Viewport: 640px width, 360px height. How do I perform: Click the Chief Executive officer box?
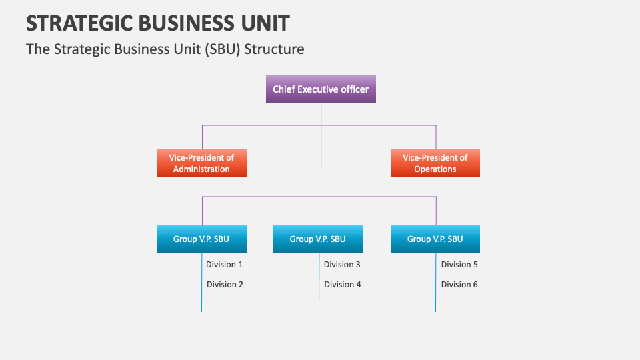click(x=321, y=89)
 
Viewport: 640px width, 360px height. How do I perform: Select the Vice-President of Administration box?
click(x=201, y=163)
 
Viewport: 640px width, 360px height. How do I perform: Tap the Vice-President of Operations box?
click(x=435, y=163)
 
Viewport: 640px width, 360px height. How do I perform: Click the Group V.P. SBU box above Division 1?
click(x=201, y=239)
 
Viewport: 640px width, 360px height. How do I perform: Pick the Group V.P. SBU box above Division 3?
click(x=317, y=239)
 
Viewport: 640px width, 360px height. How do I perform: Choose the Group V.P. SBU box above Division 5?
click(x=435, y=239)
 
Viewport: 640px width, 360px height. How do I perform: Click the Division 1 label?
click(x=225, y=265)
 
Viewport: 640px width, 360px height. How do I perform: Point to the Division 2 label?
click(x=225, y=285)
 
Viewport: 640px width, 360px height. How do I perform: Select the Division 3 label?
click(x=342, y=265)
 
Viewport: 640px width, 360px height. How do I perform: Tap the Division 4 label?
click(x=343, y=285)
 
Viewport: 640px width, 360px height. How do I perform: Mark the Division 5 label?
click(x=459, y=265)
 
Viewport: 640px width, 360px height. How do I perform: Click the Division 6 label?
click(x=459, y=285)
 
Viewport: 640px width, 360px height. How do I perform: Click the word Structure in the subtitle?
click(x=274, y=49)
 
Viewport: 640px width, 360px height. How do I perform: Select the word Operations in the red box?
click(x=435, y=169)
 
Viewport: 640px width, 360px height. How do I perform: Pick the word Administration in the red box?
click(x=201, y=169)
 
